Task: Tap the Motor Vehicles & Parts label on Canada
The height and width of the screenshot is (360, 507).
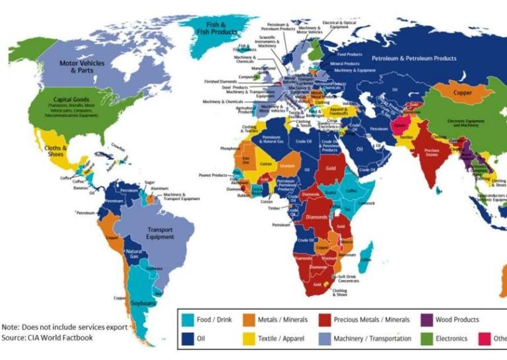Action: pyautogui.click(x=82, y=66)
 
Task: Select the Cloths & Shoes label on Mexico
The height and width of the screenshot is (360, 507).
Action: pyautogui.click(x=56, y=151)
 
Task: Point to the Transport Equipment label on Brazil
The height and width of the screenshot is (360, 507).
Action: pyautogui.click(x=160, y=233)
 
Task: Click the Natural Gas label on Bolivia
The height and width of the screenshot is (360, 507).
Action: pyautogui.click(x=134, y=254)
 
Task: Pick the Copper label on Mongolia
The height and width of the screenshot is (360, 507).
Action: pyautogui.click(x=463, y=93)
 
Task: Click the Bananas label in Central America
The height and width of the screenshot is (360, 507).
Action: pyautogui.click(x=81, y=188)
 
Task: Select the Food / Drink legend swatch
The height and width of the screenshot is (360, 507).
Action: pyautogui.click(x=187, y=320)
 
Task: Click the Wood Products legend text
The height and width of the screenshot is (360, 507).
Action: pyautogui.click(x=457, y=320)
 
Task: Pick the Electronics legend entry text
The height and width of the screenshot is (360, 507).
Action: pyautogui.click(x=452, y=339)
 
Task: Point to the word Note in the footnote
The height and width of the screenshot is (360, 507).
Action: pyautogui.click(x=11, y=327)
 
